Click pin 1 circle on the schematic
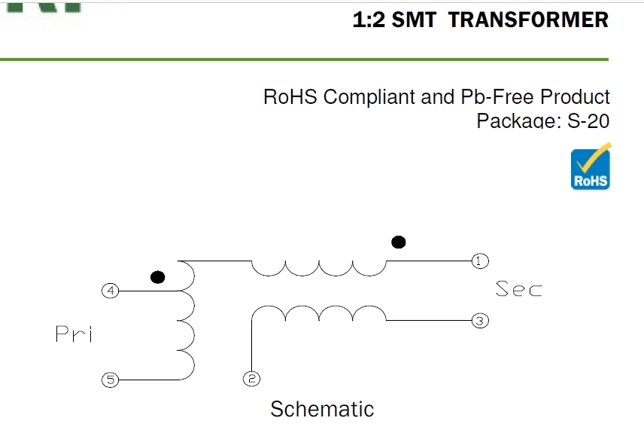click(480, 261)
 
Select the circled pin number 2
click(251, 379)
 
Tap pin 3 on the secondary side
click(480, 321)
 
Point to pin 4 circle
click(111, 290)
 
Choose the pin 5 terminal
click(111, 380)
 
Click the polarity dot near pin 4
click(157, 276)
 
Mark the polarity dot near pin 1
click(399, 242)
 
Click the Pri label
click(74, 334)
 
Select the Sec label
click(518, 288)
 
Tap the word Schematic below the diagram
click(322, 409)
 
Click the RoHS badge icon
click(591, 167)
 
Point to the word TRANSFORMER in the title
click(528, 20)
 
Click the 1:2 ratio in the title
click(369, 20)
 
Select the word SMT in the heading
click(414, 20)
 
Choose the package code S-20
click(588, 120)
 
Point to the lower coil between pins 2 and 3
click(319, 313)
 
